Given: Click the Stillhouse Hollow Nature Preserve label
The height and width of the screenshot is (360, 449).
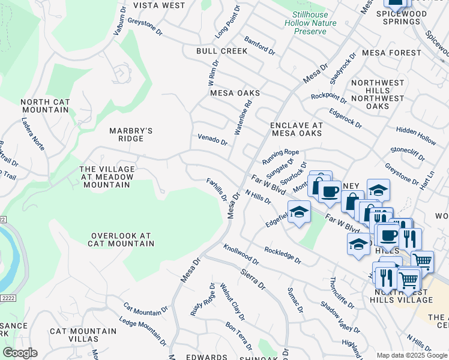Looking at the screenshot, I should tap(315, 22).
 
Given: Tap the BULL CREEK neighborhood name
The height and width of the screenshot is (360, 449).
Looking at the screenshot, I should tap(221, 51).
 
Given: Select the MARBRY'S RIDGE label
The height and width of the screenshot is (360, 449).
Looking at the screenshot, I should tap(131, 134).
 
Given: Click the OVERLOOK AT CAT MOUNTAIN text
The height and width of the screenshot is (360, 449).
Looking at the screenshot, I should tap(122, 240).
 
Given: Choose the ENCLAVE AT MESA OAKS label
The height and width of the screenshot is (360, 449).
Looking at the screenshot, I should tap(297, 129).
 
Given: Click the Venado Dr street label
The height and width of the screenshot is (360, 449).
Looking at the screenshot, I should tap(212, 140).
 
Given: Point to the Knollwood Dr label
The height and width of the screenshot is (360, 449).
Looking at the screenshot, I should tap(241, 255).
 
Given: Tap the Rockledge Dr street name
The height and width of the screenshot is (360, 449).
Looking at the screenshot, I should tap(282, 255).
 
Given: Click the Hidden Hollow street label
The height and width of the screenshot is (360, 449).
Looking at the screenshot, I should tap(416, 135).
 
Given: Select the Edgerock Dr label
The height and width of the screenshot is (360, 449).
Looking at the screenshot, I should tap(345, 118).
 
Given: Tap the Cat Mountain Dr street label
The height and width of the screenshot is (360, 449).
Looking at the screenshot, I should tap(146, 309).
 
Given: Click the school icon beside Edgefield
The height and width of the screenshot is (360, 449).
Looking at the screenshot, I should tap(299, 212).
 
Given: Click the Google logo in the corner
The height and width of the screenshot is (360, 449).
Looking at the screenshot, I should tap(20, 353).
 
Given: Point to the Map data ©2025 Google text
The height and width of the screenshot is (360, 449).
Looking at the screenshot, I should tap(412, 355).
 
